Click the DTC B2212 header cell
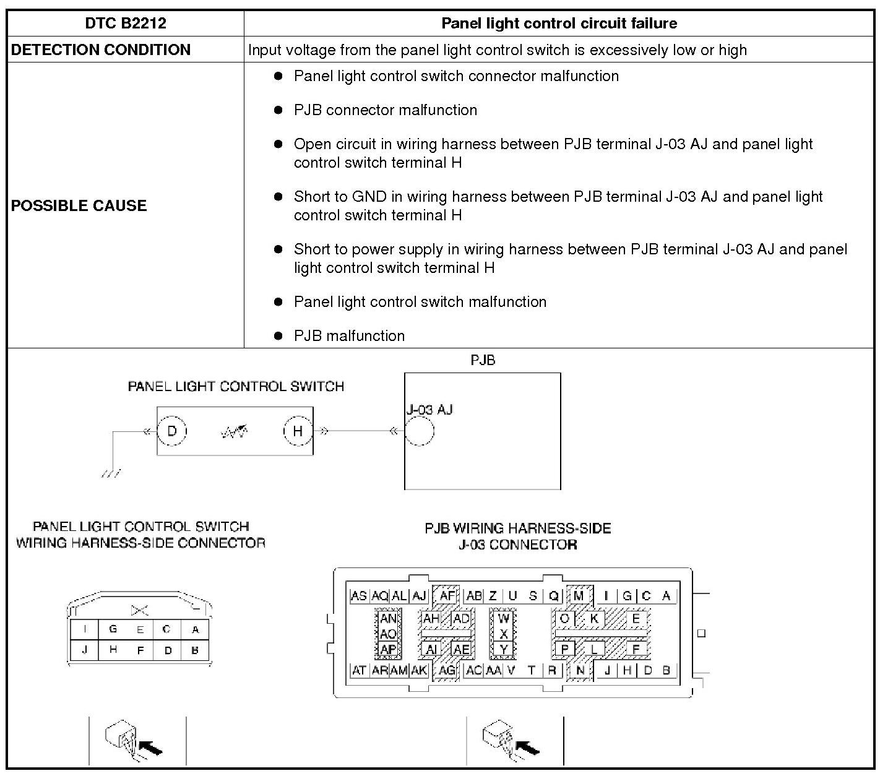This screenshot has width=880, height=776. tap(126, 24)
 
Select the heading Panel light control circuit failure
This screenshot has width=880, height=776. tap(559, 24)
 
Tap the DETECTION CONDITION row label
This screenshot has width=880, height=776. tap(101, 50)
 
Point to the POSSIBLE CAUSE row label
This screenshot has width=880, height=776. tap(79, 205)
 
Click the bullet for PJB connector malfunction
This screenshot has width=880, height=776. tap(278, 110)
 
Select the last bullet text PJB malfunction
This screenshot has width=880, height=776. tap(349, 336)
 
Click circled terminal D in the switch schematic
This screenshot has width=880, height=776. tap(172, 431)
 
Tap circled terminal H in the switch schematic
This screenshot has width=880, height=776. tap(298, 431)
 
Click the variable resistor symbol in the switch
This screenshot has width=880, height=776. tap(235, 431)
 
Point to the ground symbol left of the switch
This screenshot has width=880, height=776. tap(111, 473)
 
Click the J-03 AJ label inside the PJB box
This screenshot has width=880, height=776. tap(429, 410)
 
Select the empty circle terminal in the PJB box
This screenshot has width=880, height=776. tap(420, 431)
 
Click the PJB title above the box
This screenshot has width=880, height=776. tap(483, 360)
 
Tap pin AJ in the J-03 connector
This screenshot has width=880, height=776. tap(419, 596)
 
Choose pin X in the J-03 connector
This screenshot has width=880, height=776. tap(504, 634)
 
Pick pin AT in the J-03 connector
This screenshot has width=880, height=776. tap(359, 670)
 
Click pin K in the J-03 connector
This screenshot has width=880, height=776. tap(594, 618)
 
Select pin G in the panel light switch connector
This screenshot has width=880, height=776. tap(113, 629)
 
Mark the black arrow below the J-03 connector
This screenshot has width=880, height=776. tap(527, 747)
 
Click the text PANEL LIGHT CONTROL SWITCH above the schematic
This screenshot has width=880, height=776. tap(236, 387)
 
